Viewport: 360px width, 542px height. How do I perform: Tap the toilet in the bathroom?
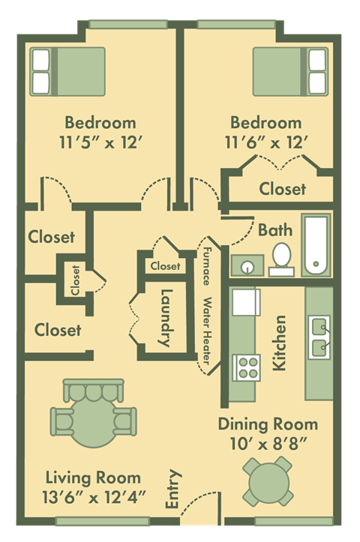tap(281, 255)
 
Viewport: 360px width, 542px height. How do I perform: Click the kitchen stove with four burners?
tap(247, 367)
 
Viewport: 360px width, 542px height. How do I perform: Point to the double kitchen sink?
tap(319, 336)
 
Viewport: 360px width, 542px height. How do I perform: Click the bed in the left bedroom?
tap(68, 71)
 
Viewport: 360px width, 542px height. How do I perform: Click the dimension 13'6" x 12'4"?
tap(93, 496)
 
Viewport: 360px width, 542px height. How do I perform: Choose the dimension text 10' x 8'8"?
tap(268, 442)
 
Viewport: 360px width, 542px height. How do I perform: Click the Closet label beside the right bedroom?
tap(282, 189)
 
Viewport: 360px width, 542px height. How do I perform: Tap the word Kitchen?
tap(280, 343)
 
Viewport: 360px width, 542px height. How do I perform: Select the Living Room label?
tap(93, 477)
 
